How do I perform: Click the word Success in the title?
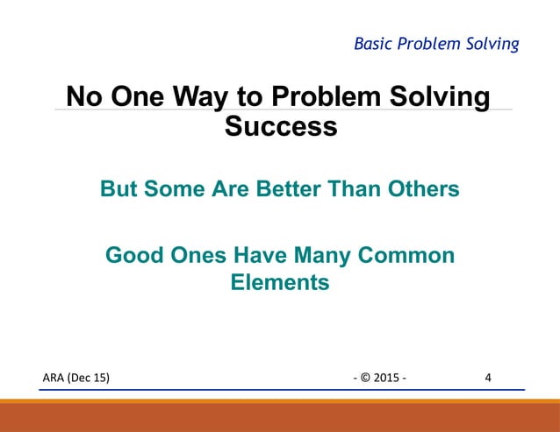[x=281, y=126]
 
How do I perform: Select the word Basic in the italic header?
[x=372, y=43]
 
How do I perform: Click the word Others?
[x=422, y=188]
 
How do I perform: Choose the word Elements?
[x=279, y=283]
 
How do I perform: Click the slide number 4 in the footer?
[x=488, y=378]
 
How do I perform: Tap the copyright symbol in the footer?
[x=366, y=378]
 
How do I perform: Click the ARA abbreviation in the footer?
[x=55, y=378]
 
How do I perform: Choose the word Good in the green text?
[x=132, y=256]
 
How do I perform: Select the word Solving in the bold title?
[x=441, y=96]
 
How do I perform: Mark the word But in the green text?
[x=118, y=188]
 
